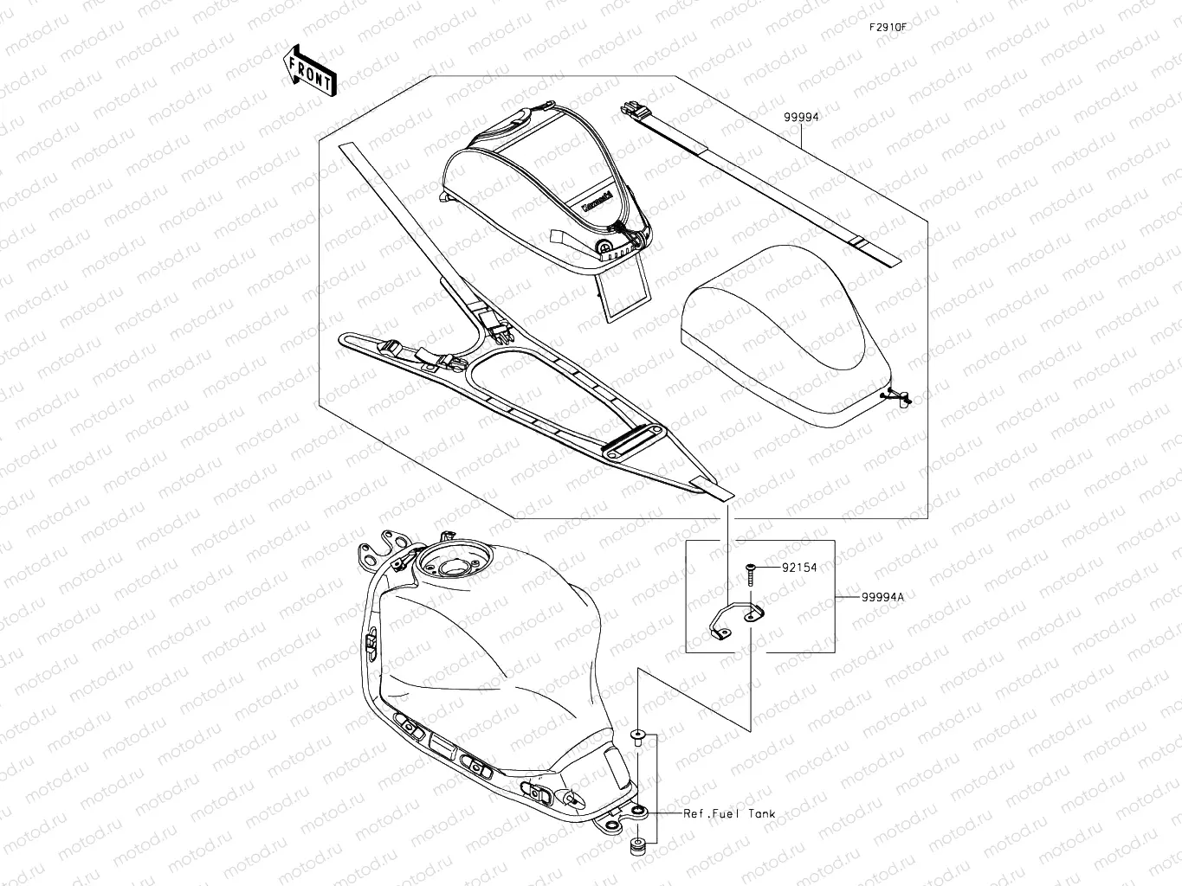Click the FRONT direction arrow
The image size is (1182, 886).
point(309,69)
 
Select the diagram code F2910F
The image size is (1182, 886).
point(888,26)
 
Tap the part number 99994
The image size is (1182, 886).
point(801,117)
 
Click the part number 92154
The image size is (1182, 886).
point(798,568)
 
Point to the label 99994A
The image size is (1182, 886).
point(882,597)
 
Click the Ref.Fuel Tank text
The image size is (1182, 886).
point(729,814)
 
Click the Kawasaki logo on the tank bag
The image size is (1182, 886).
point(597,204)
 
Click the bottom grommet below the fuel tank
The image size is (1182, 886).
point(638,844)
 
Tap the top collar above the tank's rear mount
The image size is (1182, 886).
point(638,736)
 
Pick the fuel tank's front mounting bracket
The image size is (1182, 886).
point(385,545)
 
